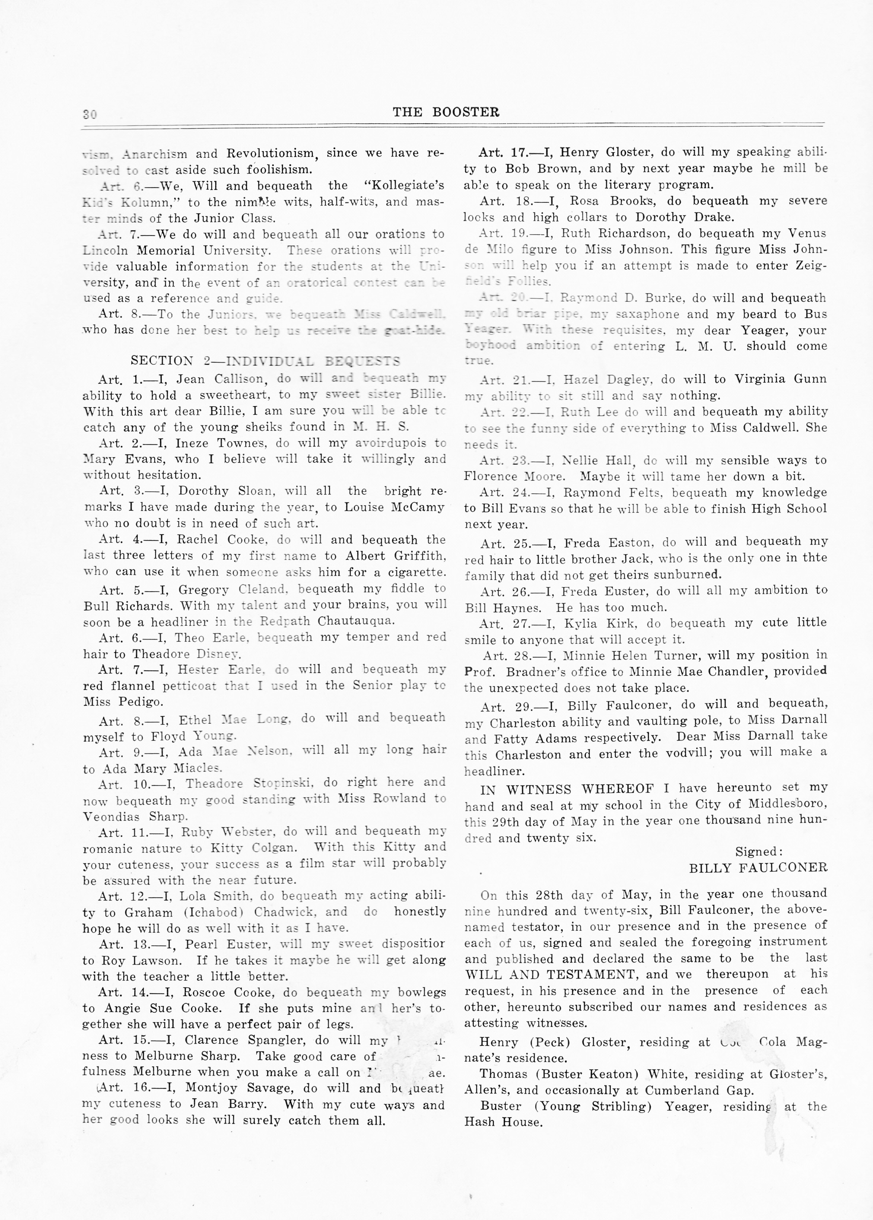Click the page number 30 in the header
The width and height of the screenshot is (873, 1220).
(90, 114)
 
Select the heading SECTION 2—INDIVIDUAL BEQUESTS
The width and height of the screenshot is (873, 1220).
(265, 361)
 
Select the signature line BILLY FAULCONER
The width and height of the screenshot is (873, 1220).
(758, 868)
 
